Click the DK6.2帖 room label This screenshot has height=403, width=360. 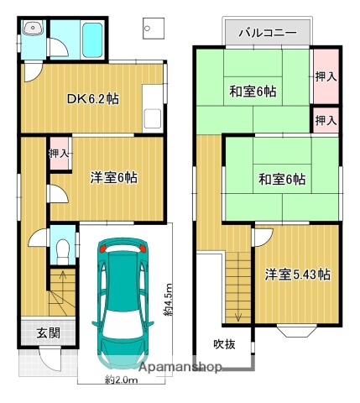[92, 98]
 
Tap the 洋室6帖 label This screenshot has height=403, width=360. [114, 177]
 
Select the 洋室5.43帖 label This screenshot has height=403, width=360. [297, 275]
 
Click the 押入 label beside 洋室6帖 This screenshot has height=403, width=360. [59, 154]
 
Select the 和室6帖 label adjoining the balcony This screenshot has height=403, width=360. [253, 91]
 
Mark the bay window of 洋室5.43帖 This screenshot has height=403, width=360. [297, 331]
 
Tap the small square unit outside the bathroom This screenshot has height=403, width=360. [152, 31]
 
